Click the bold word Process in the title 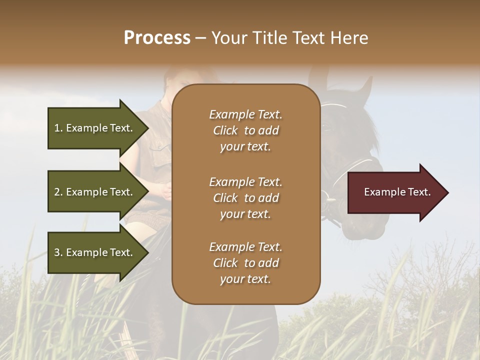[x=157, y=38]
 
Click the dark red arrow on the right [x=395, y=192]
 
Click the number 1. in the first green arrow [x=58, y=128]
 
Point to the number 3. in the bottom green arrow [x=58, y=252]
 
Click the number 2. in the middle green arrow [x=58, y=192]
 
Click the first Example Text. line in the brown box [x=245, y=114]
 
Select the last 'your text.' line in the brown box [x=245, y=279]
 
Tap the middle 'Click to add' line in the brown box [x=245, y=198]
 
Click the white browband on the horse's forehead [x=334, y=105]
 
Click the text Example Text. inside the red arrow [x=397, y=192]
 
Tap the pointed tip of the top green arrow [x=147, y=128]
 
